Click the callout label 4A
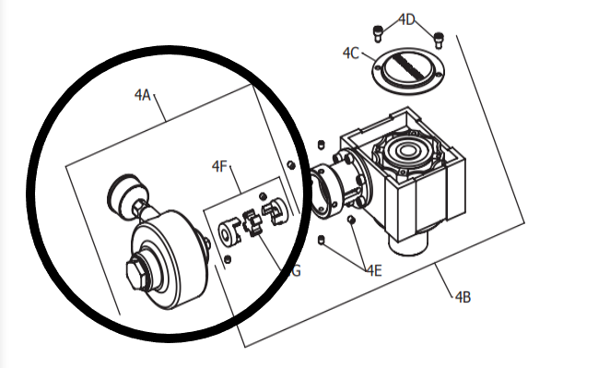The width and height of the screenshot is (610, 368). (142, 94)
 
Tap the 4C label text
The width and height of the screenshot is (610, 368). (350, 53)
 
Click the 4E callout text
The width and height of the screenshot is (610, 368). (372, 270)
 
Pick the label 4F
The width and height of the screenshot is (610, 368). (219, 166)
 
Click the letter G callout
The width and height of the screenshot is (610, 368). (295, 271)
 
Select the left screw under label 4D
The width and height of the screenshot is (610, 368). (378, 34)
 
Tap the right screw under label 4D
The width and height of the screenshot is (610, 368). (440, 39)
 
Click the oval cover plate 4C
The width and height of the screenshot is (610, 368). (408, 69)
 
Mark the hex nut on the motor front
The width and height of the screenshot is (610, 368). (135, 274)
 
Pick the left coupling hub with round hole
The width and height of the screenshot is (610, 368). (228, 231)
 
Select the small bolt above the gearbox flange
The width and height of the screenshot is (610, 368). (320, 145)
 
